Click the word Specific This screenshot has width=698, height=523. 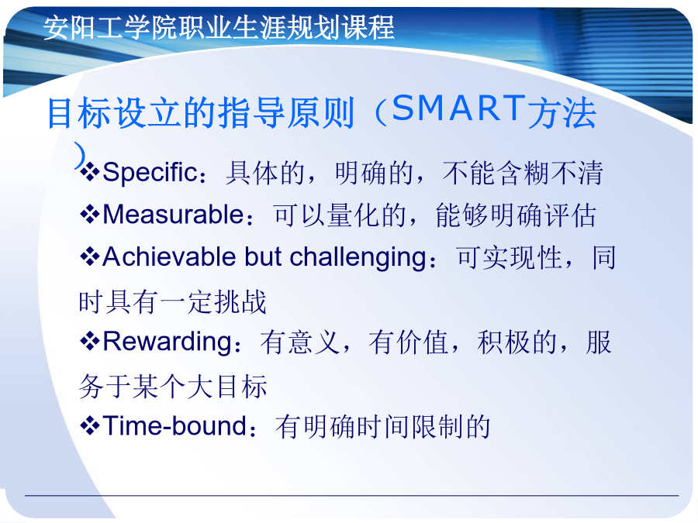[x=150, y=173]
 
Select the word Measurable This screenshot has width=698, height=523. [x=173, y=215]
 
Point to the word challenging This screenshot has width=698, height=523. [x=358, y=258]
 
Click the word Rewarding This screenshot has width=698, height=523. [x=168, y=342]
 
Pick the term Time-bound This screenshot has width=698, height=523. [x=174, y=425]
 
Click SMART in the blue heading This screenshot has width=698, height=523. [x=459, y=108]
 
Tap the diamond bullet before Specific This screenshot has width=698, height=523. [x=90, y=173]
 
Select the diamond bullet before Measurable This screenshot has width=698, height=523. [x=90, y=215]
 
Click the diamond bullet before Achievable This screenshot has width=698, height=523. [x=90, y=257]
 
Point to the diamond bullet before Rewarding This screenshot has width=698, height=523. [x=90, y=342]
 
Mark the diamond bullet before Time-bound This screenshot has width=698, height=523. [x=90, y=426]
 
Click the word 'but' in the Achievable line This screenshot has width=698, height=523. [x=263, y=256]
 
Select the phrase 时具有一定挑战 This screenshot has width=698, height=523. [x=173, y=301]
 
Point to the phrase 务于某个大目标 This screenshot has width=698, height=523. [x=173, y=386]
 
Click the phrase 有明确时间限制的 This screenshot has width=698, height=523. [x=383, y=426]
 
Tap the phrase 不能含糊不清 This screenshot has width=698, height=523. [x=523, y=173]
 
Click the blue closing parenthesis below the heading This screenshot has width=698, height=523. [x=80, y=155]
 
